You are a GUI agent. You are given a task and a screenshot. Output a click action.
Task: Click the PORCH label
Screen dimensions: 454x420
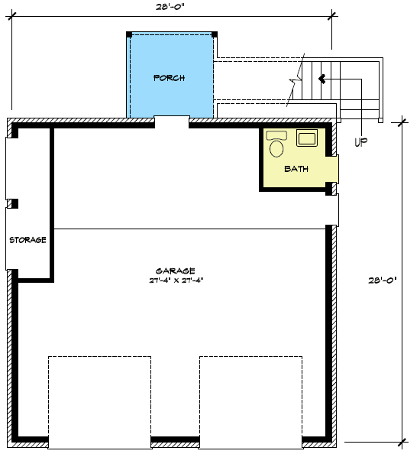click(x=169, y=78)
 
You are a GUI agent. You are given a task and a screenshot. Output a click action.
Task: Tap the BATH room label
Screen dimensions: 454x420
click(x=296, y=169)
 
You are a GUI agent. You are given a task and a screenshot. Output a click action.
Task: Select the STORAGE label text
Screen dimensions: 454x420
click(x=28, y=240)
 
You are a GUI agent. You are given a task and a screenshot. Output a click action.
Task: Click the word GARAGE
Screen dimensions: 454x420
click(x=176, y=271)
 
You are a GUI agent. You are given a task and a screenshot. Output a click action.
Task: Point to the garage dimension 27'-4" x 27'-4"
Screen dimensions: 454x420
click(x=176, y=281)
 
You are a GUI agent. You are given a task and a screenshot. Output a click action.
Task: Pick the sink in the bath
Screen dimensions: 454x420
click(x=308, y=138)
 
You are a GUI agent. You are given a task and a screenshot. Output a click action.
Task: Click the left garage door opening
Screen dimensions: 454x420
click(x=99, y=400)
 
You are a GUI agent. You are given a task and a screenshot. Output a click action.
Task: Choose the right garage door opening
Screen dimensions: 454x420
click(x=250, y=400)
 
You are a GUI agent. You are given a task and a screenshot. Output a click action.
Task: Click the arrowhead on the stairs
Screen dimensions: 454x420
click(x=322, y=78)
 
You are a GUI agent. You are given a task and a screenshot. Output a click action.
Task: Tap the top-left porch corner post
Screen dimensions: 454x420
click(x=129, y=34)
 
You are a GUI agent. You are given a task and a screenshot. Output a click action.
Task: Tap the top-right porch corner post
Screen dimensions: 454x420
click(x=215, y=34)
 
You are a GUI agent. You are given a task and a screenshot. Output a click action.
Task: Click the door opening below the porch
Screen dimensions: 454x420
click(x=172, y=121)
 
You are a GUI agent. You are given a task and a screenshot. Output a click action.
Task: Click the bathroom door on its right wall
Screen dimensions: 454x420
click(x=334, y=169)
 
